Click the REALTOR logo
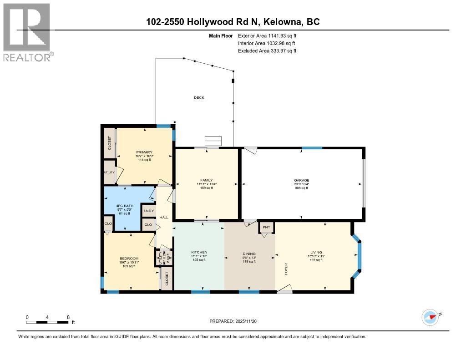(x=27, y=32)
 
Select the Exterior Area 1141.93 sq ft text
(x=267, y=35)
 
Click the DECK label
(x=199, y=97)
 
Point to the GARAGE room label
(x=301, y=180)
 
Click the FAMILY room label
(x=206, y=180)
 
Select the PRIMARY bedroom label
(x=144, y=152)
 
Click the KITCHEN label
(x=199, y=252)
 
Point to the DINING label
(x=249, y=254)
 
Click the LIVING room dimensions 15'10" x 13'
(x=316, y=256)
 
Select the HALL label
(x=164, y=218)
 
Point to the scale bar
(x=47, y=322)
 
